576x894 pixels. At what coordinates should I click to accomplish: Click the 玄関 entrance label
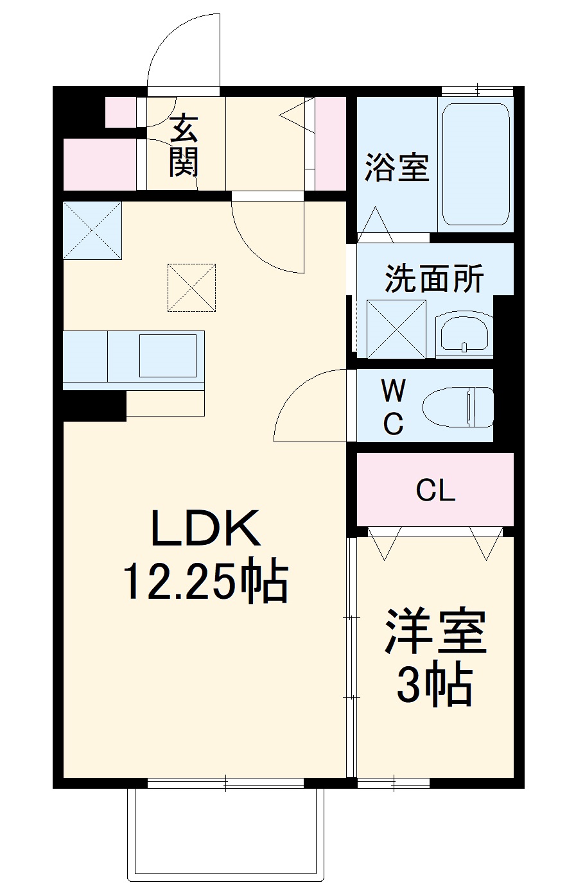point(184,145)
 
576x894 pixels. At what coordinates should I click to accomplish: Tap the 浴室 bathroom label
point(396,168)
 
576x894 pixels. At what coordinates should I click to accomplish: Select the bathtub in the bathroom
point(476,164)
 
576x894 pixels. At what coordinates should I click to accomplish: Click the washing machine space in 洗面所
point(396,329)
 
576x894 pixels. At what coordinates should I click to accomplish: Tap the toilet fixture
point(458,407)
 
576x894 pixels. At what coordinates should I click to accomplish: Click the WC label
point(393,406)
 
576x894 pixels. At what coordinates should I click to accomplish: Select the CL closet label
point(435,491)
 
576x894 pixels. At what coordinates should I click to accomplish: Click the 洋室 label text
point(435,632)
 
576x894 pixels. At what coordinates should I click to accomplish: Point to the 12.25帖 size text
point(205,581)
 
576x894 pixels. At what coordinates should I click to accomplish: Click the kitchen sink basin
point(168,356)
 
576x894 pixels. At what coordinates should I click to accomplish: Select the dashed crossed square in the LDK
point(191,288)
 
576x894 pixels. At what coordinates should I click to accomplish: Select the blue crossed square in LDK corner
point(92,230)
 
